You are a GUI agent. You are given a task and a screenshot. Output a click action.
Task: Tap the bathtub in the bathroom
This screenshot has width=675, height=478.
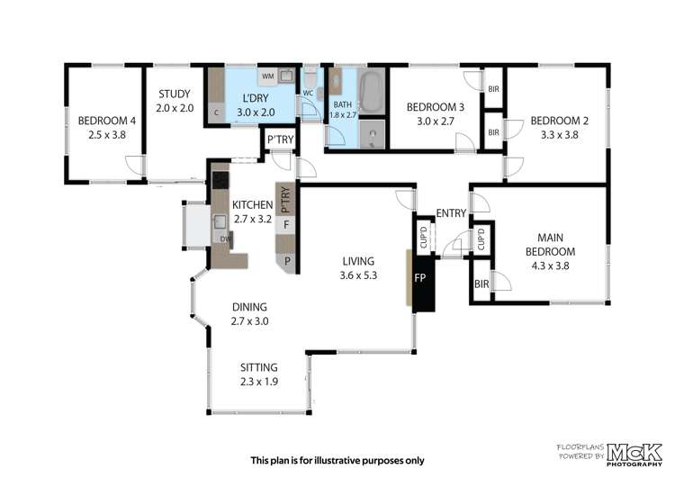[371, 91]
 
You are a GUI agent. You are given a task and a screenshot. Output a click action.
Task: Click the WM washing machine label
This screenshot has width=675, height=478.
[268, 77]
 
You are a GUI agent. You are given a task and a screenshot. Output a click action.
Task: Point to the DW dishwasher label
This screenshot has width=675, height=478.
[225, 239]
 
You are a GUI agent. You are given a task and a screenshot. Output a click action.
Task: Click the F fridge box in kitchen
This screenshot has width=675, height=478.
[285, 225]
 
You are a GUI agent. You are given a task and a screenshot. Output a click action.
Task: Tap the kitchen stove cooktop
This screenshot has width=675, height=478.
[220, 180]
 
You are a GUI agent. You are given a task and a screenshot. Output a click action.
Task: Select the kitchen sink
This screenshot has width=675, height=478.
[220, 221]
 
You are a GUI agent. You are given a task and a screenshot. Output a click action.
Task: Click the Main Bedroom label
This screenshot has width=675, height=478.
[550, 244]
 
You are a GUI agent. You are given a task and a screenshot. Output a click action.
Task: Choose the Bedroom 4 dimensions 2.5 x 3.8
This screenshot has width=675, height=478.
[107, 135]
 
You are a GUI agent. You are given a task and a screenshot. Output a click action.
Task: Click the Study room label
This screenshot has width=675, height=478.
[175, 94]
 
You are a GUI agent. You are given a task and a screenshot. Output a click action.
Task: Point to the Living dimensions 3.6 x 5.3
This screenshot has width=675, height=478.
[358, 275]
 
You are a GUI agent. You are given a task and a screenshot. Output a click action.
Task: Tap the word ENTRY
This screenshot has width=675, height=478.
[451, 212]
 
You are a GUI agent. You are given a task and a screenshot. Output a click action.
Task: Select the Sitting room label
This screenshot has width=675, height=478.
[258, 367]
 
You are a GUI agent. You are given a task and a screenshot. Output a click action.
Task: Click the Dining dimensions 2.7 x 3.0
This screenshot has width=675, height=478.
[249, 321]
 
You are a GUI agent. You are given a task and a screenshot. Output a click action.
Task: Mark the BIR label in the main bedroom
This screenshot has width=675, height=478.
[481, 284]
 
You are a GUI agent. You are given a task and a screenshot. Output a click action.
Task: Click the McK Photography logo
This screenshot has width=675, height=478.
[634, 455]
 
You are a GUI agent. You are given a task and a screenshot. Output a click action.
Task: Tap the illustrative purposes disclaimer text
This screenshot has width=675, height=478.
[337, 460]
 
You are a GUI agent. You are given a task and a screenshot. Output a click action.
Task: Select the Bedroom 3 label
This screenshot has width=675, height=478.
[436, 107]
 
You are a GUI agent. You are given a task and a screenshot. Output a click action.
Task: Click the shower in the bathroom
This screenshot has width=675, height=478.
[372, 134]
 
